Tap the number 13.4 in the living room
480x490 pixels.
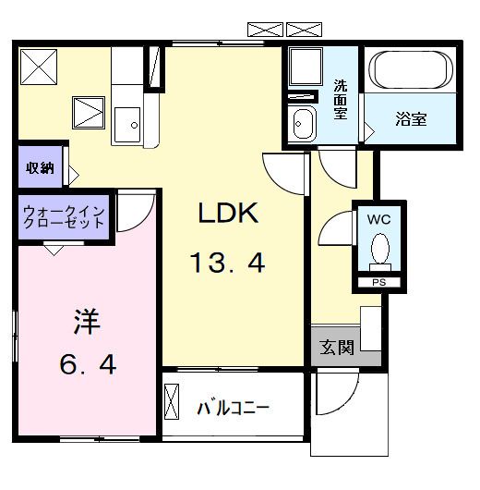(228, 265)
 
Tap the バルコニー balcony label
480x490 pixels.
(234, 408)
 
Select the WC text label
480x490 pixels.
(379, 220)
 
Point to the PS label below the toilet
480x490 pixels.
(378, 282)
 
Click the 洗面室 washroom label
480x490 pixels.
(340, 98)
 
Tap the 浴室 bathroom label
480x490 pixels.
(411, 120)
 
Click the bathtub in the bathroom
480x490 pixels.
(410, 69)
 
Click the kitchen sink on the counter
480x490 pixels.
(127, 122)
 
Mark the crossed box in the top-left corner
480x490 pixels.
(38, 67)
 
